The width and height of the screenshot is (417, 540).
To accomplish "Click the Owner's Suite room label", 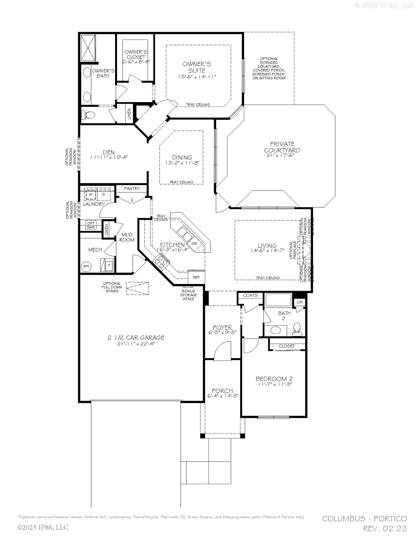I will tap(197, 67).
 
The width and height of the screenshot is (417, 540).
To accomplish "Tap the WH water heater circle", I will tap(86, 266).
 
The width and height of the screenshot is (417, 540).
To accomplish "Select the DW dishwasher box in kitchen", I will tap(194, 243).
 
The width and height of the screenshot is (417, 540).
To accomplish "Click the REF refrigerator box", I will tap(196, 277).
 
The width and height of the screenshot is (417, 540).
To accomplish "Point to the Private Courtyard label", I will tap(282, 147).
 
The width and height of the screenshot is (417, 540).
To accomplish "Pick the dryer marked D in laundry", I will tap(104, 194).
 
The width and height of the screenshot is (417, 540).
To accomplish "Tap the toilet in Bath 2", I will tap(297, 329).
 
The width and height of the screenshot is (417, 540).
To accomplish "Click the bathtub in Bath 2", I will tap(278, 300).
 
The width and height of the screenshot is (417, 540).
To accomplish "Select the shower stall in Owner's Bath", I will tap(88, 48).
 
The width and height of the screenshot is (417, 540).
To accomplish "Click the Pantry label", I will tap(132, 188).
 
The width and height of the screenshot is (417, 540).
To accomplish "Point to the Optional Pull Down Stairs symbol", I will tap(137, 289).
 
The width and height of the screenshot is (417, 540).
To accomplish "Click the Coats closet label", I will tap(250, 295).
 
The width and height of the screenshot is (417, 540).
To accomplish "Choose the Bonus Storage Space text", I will tap(188, 295).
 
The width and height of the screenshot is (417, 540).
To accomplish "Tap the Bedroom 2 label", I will tap(274, 379).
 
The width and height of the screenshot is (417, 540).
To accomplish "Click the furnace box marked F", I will tap(109, 265).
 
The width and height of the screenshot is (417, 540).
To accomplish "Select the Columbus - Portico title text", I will tap(364, 519).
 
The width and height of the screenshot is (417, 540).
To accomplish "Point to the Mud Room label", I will tap(127, 237).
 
